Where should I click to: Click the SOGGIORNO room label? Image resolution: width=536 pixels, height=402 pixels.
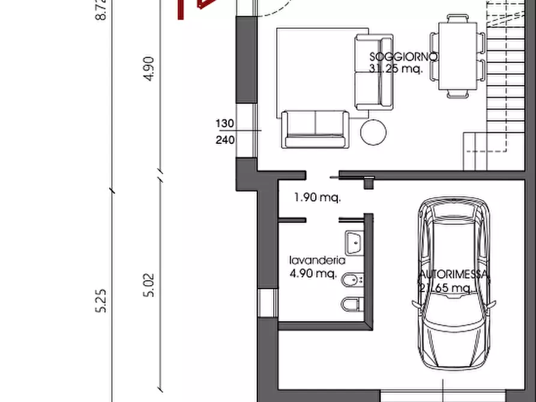pyautogui.click(x=404, y=56)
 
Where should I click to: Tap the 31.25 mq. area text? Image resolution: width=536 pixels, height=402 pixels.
pyautogui.click(x=396, y=68)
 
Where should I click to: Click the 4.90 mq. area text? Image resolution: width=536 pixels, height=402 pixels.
pyautogui.click(x=312, y=274)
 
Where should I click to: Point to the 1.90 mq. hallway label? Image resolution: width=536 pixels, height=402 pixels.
pyautogui.click(x=318, y=197)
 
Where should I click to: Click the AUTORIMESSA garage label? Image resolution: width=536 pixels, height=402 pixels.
pyautogui.click(x=454, y=276)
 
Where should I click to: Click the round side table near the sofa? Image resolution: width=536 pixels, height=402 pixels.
pyautogui.click(x=373, y=131)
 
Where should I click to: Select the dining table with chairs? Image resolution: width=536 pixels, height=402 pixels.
pyautogui.click(x=460, y=56)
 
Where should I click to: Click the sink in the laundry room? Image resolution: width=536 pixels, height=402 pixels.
pyautogui.click(x=354, y=242)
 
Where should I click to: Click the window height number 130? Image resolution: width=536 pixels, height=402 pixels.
pyautogui.click(x=224, y=124)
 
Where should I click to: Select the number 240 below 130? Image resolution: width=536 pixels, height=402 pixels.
pyautogui.click(x=224, y=140)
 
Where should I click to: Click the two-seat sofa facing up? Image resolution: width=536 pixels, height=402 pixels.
pyautogui.click(x=315, y=128)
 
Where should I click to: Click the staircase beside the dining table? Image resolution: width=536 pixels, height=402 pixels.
pyautogui.click(x=504, y=90)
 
